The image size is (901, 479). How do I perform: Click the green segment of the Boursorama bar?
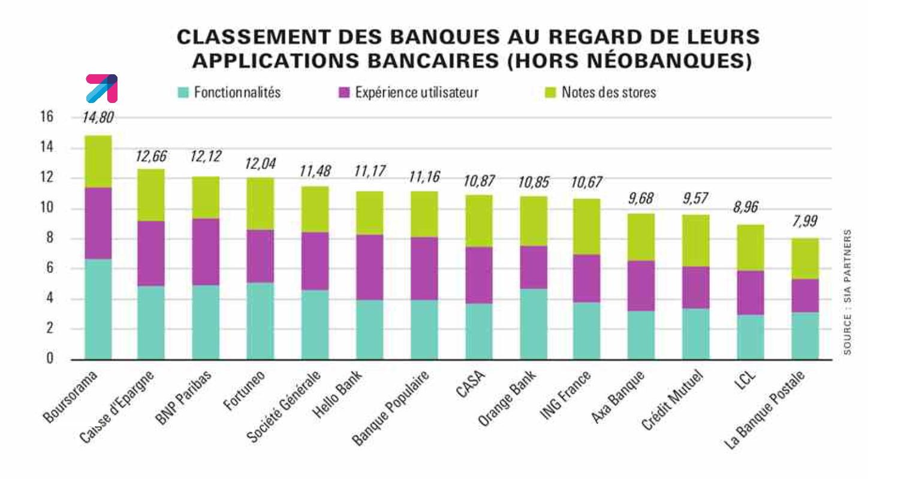click(x=98, y=162)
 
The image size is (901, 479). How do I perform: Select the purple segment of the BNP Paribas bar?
click(x=206, y=251)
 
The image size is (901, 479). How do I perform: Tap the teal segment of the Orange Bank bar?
click(x=534, y=324)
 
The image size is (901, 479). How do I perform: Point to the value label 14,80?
click(x=98, y=117)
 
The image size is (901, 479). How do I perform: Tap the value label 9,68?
click(x=641, y=198)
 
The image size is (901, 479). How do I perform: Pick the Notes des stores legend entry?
click(x=601, y=93)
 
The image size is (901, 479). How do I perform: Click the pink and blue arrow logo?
click(x=101, y=88)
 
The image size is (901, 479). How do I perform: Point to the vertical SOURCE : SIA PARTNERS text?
click(x=847, y=292)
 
